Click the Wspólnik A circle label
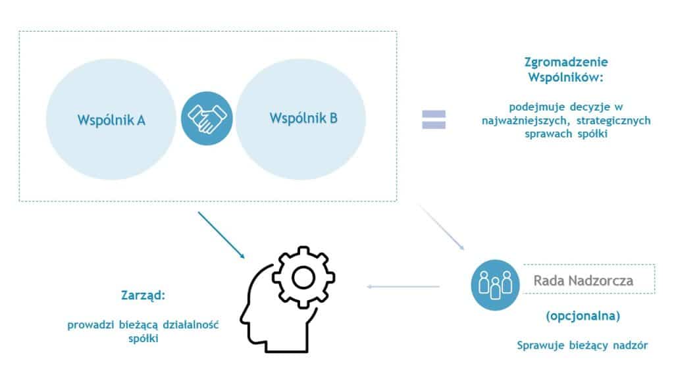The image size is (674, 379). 111,120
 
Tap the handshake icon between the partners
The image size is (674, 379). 207,118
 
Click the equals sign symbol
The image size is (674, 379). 434,119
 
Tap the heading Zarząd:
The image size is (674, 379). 142,295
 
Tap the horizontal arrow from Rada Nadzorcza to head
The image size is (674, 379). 403,286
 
